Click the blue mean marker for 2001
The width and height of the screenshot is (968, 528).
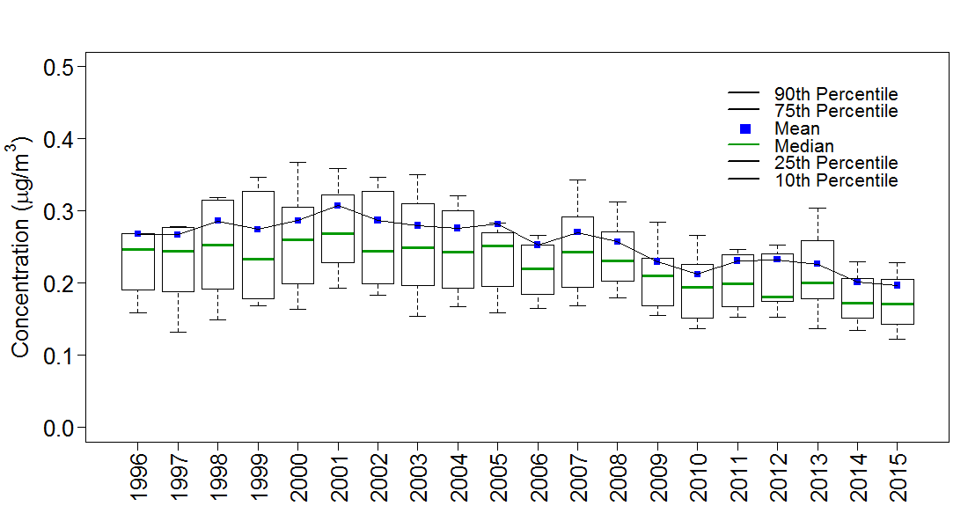tap(337, 205)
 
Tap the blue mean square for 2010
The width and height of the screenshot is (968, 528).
tap(697, 274)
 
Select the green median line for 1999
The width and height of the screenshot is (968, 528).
tap(258, 259)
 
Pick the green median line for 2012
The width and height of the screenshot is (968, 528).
tap(777, 297)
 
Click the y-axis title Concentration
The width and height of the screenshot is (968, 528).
tap(21, 246)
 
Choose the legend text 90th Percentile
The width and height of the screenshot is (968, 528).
tap(836, 94)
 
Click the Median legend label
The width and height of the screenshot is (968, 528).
tap(803, 146)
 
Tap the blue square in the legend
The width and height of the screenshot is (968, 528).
tap(744, 128)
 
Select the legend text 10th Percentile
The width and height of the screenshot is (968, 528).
tap(836, 180)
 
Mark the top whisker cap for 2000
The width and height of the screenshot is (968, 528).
tap(297, 162)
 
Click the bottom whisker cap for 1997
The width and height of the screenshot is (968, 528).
tap(178, 332)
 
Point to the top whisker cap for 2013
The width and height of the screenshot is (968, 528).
tap(817, 209)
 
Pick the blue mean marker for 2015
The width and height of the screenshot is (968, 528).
tap(897, 285)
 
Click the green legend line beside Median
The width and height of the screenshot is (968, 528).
tap(744, 146)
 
